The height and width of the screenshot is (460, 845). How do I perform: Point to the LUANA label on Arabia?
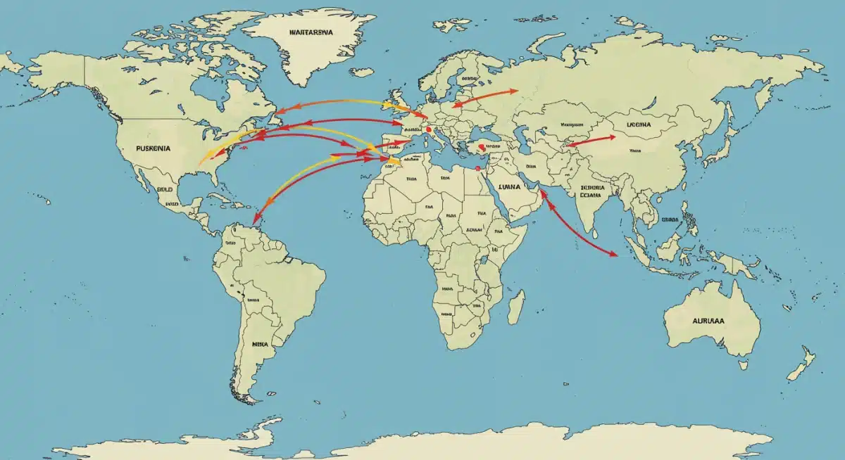coord(508,188)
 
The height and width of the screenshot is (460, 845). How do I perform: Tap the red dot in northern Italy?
coord(429,129)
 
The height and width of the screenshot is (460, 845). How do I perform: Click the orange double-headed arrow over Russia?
coord(485,98)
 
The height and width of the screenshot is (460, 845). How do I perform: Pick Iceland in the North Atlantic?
coord(362,71)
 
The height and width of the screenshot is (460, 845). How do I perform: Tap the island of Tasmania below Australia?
coord(742,365)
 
